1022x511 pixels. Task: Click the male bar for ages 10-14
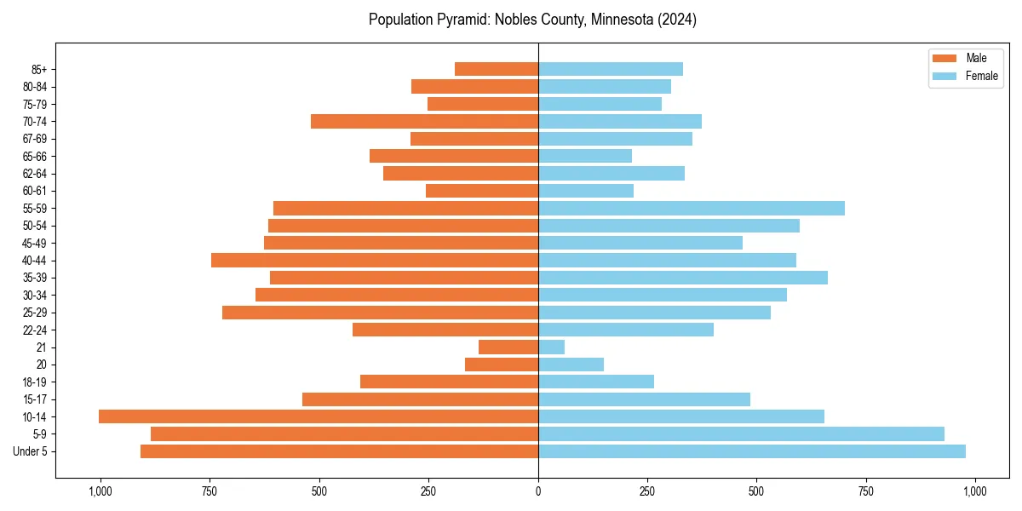pyautogui.click(x=319, y=416)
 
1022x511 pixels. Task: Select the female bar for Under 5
pyautogui.click(x=752, y=451)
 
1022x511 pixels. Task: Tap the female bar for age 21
pyautogui.click(x=551, y=347)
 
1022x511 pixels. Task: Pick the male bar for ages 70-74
pyautogui.click(x=424, y=122)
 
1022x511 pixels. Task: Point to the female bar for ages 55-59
pyautogui.click(x=692, y=209)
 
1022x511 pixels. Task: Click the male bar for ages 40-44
pyautogui.click(x=375, y=261)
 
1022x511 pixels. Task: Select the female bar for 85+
pyautogui.click(x=611, y=69)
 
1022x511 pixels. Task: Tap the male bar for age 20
pyautogui.click(x=502, y=365)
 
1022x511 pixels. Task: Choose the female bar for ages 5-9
pyautogui.click(x=741, y=434)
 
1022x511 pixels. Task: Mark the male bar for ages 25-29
pyautogui.click(x=380, y=313)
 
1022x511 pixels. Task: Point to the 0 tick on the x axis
pyautogui.click(x=538, y=491)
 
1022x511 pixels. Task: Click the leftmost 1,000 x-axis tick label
pyautogui.click(x=100, y=491)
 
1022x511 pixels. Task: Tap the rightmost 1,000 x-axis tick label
pyautogui.click(x=975, y=491)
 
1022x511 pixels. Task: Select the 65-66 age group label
pyautogui.click(x=35, y=157)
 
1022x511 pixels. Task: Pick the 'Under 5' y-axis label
pyautogui.click(x=30, y=451)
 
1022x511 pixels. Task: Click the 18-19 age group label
pyautogui.click(x=35, y=382)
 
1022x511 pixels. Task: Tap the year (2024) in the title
pyautogui.click(x=678, y=20)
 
